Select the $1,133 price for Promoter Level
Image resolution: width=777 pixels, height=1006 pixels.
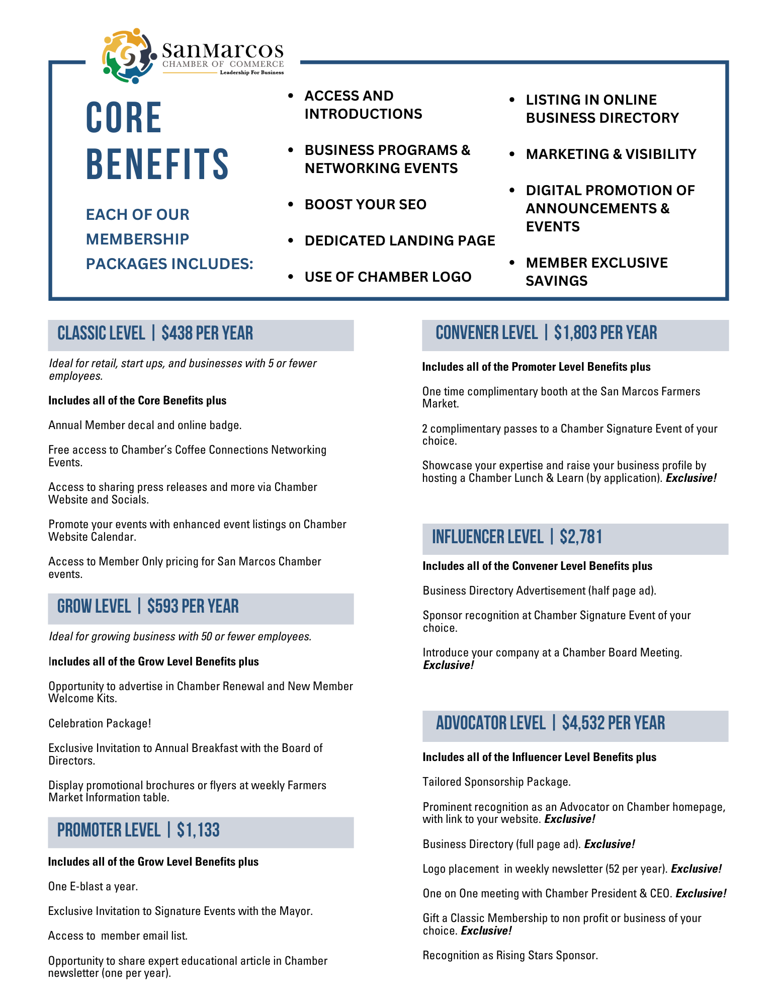[x=198, y=830]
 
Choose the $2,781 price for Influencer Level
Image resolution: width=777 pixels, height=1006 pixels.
[x=581, y=537]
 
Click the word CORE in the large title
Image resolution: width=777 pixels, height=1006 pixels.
[x=124, y=118]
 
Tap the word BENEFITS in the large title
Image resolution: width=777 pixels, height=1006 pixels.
[x=157, y=164]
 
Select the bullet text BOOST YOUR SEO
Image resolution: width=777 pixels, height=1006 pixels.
[x=365, y=205]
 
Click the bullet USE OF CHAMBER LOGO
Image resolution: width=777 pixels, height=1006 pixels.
[x=388, y=277]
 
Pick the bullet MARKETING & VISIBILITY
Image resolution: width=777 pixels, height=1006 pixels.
[x=611, y=154]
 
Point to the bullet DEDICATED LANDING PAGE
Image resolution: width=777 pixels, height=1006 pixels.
[x=400, y=241]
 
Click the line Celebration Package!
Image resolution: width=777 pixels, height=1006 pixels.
[x=100, y=723]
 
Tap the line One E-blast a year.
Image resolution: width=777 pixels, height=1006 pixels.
[x=93, y=886]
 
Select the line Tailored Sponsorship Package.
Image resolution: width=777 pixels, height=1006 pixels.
[x=496, y=782]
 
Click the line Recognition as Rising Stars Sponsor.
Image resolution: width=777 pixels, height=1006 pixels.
[x=510, y=955]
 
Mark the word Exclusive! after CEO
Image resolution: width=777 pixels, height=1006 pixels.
[x=701, y=893]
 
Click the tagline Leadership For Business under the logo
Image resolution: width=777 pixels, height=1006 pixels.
[x=251, y=72]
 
